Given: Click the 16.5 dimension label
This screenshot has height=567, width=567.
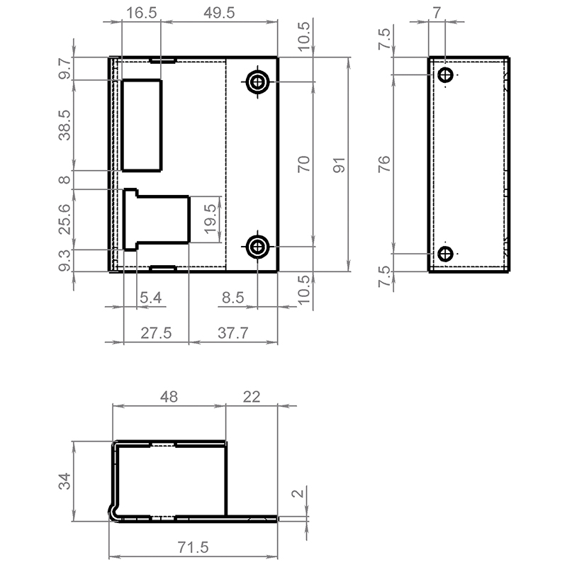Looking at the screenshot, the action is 141,13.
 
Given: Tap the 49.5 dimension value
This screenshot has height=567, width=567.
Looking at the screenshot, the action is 219,13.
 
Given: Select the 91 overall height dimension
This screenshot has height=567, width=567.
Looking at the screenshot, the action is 339,165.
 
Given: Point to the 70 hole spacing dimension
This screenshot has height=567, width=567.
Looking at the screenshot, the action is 304,164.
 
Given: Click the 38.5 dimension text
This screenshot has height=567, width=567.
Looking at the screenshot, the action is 65,125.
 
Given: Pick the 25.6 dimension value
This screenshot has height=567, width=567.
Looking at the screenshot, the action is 65,219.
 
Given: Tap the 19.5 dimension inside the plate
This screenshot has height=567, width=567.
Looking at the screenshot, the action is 210,219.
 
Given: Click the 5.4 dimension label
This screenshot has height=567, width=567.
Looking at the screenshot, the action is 150,298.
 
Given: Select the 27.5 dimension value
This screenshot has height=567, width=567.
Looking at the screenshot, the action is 156,333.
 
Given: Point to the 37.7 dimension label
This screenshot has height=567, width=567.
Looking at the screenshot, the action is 233,333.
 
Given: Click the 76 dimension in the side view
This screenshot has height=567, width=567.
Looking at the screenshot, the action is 384,164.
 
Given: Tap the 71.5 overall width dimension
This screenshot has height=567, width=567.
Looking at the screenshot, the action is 193,547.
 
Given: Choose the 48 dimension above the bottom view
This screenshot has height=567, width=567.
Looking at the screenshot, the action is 169,397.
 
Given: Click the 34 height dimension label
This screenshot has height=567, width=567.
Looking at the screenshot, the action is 64,481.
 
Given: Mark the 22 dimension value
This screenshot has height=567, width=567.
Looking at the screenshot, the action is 252,397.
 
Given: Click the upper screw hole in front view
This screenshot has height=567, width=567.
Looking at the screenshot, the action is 257,82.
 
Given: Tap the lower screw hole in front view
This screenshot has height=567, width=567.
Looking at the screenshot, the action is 257,247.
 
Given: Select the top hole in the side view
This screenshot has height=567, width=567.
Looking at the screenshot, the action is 445,75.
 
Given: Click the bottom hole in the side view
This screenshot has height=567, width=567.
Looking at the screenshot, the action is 445,254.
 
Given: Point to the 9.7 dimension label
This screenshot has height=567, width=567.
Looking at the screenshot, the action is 65,69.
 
